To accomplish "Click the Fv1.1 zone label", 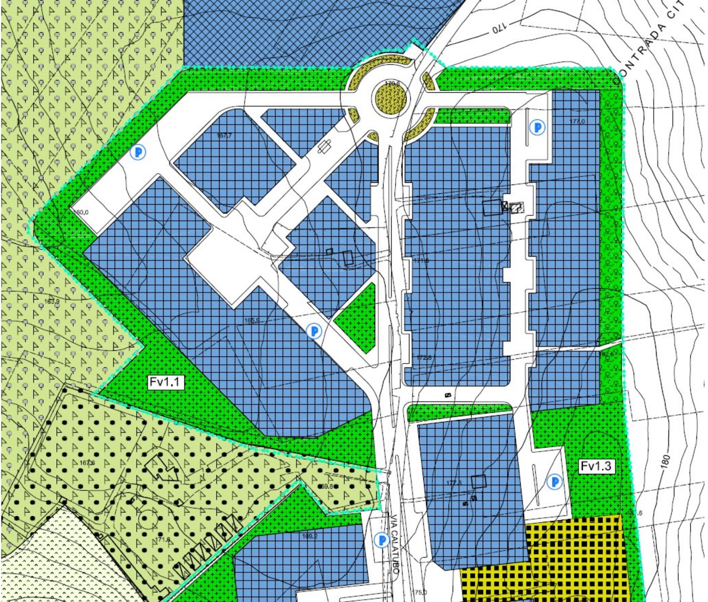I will pos(165,382).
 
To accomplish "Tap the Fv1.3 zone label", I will pos(596,466).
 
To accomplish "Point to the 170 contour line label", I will pos(500,29).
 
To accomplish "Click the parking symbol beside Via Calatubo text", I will pos(381,540).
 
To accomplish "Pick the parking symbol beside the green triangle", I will pos(314,330).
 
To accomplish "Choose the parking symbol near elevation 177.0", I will pos(538,128).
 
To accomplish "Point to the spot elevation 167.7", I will pos(225,135).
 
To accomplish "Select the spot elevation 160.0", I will pos(81,212).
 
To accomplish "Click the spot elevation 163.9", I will pos(52,302).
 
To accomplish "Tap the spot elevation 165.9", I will pos(252,320).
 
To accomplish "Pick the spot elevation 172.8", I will pos(424,357).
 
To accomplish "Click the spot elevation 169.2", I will pos(309,536).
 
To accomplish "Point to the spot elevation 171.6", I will pos(163,540).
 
